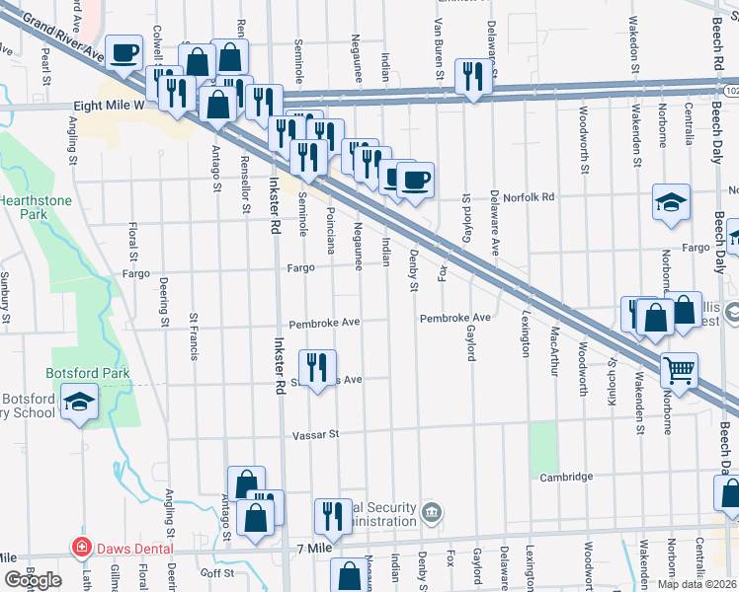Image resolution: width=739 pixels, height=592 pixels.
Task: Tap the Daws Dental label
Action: pos(134,549)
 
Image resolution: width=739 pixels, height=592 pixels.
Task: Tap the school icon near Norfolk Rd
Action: pos(671,202)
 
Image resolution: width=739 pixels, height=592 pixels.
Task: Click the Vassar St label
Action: pos(315,434)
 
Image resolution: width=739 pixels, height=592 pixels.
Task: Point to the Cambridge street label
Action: pos(566,477)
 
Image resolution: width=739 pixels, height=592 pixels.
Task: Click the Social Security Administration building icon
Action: pos(432,512)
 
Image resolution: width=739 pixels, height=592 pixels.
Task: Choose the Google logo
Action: pos(34,580)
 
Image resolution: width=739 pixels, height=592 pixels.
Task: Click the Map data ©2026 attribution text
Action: pos(696,584)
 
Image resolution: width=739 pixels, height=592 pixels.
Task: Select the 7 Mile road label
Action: pos(314,548)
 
